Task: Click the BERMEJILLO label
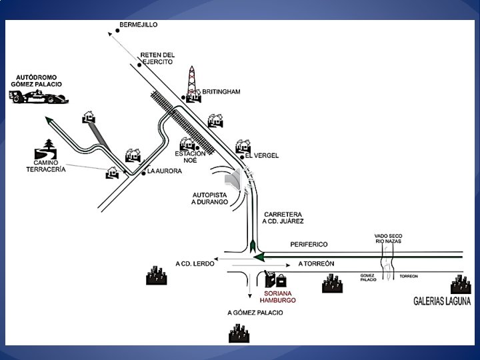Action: click(x=138, y=25)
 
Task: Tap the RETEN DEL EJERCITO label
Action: click(x=157, y=58)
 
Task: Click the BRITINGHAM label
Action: click(x=221, y=91)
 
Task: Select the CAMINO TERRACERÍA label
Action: click(x=45, y=166)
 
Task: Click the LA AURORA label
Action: click(x=164, y=171)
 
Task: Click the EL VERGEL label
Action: click(x=262, y=155)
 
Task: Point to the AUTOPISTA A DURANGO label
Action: click(x=209, y=197)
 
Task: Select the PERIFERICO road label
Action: click(x=309, y=244)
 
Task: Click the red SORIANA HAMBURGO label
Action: click(x=277, y=297)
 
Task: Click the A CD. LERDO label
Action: click(x=195, y=263)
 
